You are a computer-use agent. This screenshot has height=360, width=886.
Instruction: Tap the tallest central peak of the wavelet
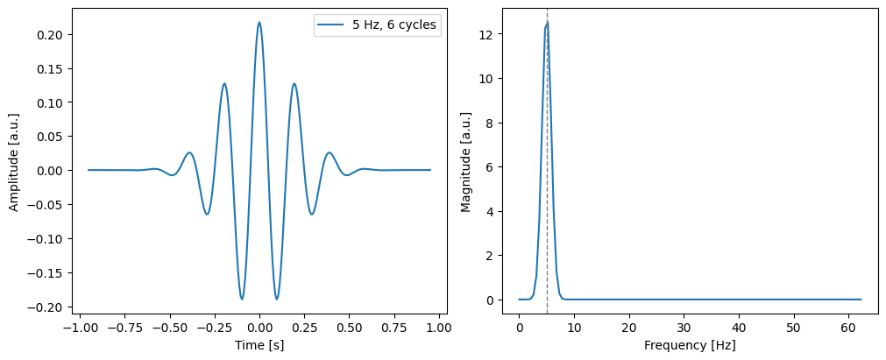point(259,23)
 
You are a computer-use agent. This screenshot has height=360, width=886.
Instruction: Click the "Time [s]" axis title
point(259,345)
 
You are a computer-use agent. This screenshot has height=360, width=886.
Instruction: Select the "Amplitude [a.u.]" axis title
point(14,161)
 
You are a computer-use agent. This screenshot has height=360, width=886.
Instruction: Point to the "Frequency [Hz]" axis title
point(690,345)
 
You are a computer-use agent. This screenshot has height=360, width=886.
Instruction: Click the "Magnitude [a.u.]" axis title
point(466,161)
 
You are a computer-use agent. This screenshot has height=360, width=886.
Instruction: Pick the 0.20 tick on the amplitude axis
point(55,34)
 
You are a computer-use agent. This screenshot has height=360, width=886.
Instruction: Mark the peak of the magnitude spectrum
point(547,22)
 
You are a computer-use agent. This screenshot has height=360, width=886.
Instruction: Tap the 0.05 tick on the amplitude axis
point(55,137)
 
